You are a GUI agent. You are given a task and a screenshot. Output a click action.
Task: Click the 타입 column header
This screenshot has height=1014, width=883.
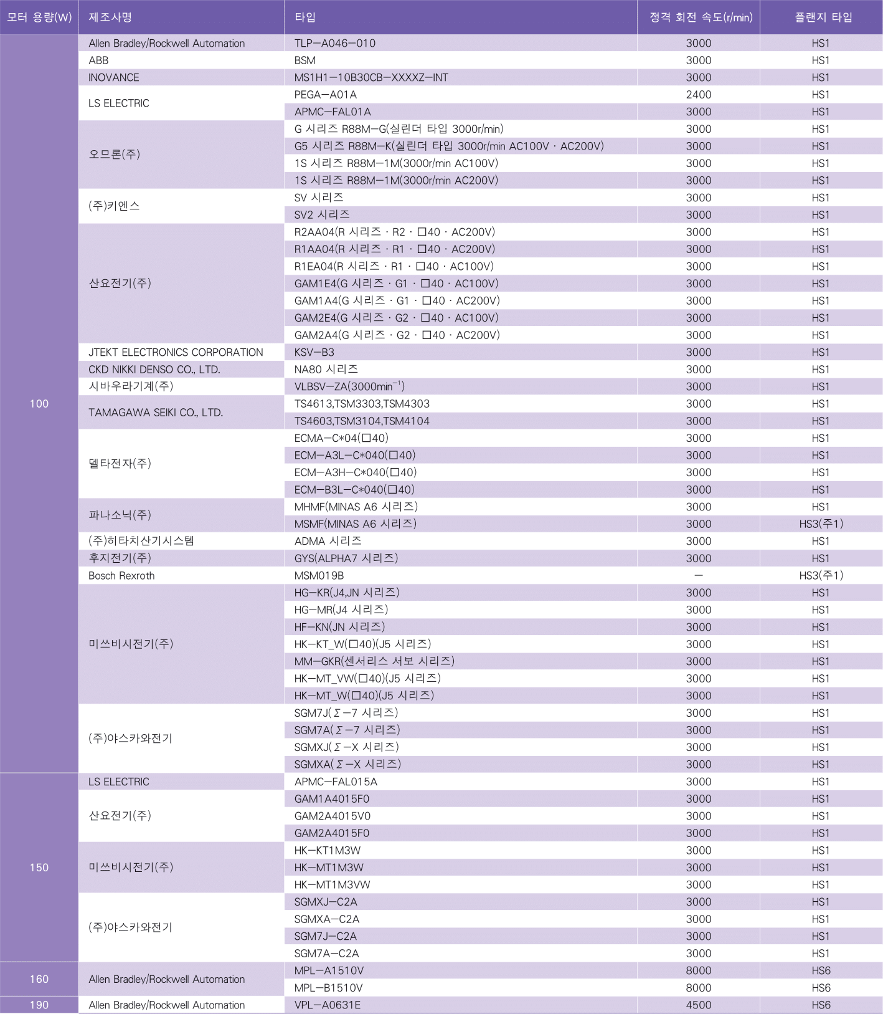(305, 17)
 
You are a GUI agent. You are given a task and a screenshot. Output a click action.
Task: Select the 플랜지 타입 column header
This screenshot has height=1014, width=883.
(823, 17)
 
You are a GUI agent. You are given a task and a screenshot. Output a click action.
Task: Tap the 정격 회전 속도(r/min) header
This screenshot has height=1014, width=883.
(701, 17)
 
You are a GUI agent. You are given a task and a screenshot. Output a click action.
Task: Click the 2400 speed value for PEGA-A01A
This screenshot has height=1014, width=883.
(698, 95)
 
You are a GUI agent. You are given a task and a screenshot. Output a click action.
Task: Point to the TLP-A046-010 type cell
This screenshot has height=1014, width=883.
(335, 44)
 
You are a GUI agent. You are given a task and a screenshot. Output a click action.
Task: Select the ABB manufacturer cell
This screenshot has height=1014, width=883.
(98, 60)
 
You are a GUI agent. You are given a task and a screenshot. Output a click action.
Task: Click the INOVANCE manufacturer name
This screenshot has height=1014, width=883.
(114, 78)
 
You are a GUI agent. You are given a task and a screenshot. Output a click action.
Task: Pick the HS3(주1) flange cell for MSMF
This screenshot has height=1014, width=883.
(821, 524)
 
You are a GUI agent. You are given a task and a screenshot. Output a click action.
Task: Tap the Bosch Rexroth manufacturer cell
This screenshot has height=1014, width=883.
(121, 576)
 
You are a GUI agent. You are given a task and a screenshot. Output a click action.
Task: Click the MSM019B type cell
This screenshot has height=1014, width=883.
(319, 576)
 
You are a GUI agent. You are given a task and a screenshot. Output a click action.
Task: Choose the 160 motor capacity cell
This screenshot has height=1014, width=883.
(39, 979)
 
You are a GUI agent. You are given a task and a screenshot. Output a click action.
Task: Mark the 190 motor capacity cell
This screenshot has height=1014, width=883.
(39, 1005)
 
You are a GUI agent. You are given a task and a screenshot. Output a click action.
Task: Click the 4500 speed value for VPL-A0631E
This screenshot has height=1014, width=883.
(698, 1005)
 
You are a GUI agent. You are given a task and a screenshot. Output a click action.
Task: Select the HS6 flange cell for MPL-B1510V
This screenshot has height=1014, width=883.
(821, 988)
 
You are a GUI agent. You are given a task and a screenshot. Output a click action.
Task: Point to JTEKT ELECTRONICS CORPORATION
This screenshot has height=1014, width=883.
(176, 353)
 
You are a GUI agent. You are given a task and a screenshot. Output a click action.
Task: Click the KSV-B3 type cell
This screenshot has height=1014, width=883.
(314, 353)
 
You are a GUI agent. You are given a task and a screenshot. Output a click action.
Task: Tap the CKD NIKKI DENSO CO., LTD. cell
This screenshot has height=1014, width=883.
(154, 370)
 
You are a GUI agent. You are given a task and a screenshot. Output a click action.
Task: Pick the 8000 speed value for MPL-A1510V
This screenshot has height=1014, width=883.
(698, 971)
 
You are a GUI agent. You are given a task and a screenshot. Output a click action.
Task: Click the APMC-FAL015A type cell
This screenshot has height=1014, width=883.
(336, 782)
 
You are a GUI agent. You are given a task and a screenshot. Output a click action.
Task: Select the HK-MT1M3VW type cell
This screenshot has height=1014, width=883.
(332, 885)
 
